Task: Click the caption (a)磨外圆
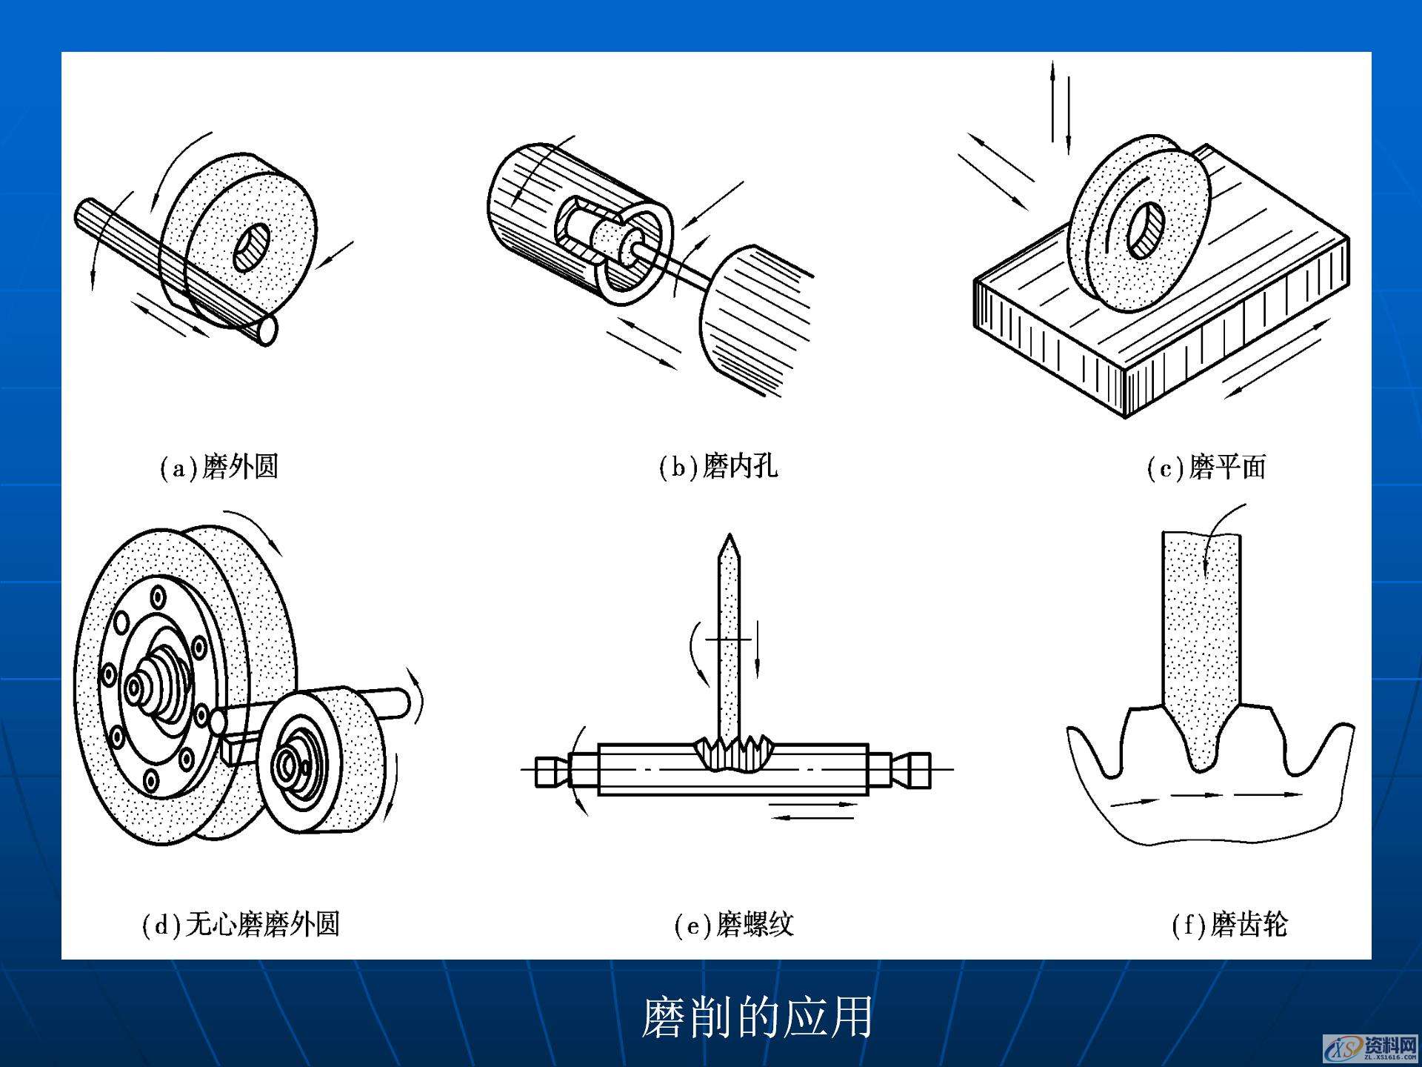pos(219,467)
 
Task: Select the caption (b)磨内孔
pos(718,467)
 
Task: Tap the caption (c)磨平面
pos(1206,467)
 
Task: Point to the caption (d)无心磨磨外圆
pos(241,924)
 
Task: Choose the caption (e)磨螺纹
pos(734,925)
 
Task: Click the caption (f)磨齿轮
pos(1230,925)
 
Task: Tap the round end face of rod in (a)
pos(267,330)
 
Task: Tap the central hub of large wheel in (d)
pos(138,688)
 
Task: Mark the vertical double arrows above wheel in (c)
pos(1060,107)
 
